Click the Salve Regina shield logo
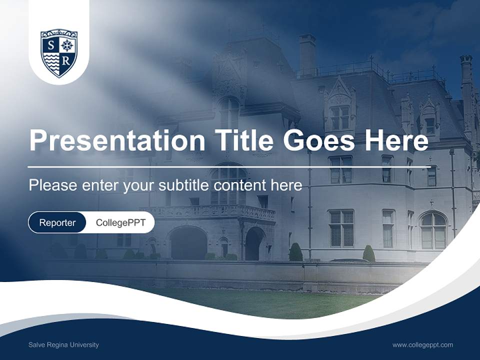[59, 53]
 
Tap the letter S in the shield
[50, 45]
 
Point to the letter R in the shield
[66, 61]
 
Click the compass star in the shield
[67, 45]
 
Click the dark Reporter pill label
[57, 222]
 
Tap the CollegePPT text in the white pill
[120, 222]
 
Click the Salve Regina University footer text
[63, 345]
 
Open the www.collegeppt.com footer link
[422, 345]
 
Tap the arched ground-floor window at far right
[433, 230]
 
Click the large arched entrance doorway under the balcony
[188, 243]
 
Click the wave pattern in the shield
[51, 62]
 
